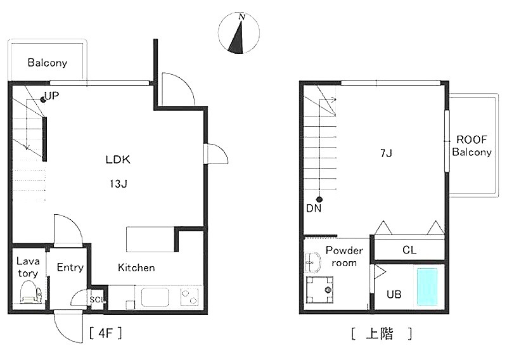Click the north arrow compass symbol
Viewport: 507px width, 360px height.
click(239, 33)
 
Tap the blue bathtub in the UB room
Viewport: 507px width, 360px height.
click(427, 286)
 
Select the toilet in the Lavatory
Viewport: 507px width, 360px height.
click(30, 292)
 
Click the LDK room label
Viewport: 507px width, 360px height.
click(118, 160)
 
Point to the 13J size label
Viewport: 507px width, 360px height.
click(118, 184)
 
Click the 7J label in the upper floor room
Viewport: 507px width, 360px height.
click(386, 153)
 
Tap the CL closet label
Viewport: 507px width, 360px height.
click(409, 250)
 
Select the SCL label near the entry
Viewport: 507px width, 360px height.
click(97, 300)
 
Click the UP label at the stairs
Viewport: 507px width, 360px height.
click(52, 96)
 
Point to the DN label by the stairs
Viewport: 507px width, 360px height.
click(314, 209)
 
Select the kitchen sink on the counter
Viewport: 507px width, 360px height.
click(155, 297)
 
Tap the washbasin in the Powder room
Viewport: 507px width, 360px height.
click(312, 262)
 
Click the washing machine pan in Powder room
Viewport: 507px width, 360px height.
click(319, 290)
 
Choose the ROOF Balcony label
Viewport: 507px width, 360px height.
click(472, 146)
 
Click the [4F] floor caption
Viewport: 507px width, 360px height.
click(105, 333)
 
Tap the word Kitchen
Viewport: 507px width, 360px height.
click(136, 267)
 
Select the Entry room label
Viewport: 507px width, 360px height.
click(70, 267)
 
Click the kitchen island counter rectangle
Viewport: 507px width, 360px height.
click(150, 240)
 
